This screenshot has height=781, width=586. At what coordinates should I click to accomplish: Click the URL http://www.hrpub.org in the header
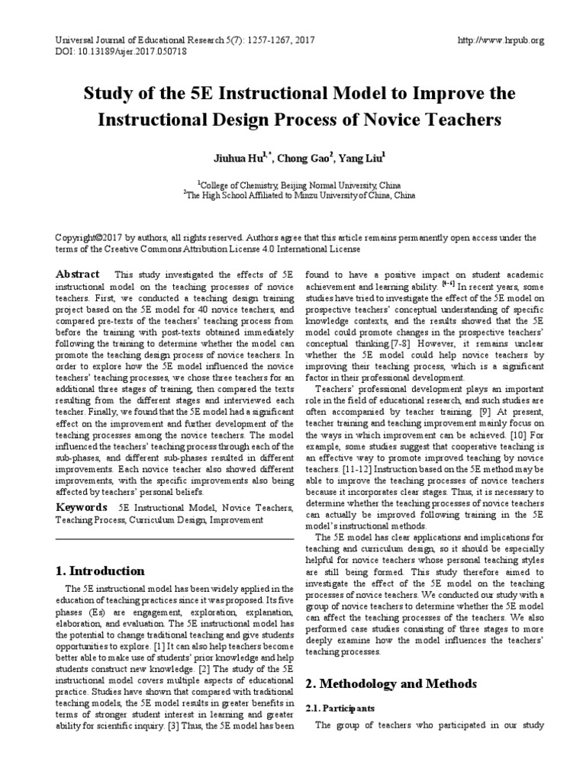click(499, 40)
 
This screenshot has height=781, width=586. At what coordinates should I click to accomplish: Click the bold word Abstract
click(77, 275)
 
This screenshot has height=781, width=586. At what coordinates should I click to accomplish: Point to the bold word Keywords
click(80, 507)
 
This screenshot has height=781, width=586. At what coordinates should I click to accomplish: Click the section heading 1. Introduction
click(100, 570)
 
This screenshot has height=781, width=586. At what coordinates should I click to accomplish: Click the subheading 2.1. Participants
click(340, 708)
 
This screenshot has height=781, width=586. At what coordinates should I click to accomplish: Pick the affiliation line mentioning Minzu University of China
click(298, 195)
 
